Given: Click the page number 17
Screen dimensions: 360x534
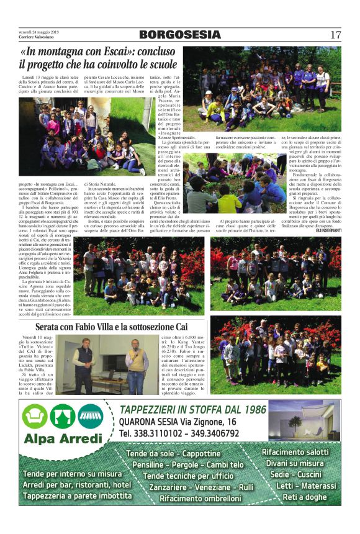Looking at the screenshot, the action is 335,34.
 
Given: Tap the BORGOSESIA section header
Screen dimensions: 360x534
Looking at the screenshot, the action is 179,34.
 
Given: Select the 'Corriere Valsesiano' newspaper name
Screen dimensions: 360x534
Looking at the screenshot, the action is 38,37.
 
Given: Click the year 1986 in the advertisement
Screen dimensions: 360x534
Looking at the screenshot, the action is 250,409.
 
